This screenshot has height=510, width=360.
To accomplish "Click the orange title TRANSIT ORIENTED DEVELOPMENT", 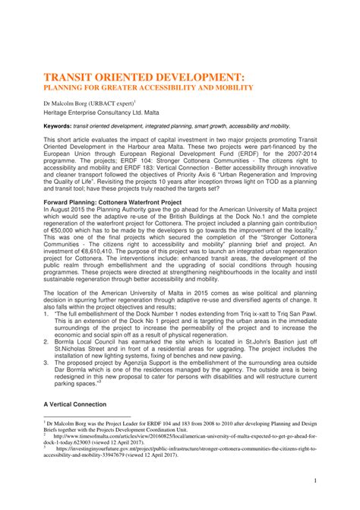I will point(143,77).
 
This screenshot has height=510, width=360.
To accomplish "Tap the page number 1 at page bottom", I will point(314,480).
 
